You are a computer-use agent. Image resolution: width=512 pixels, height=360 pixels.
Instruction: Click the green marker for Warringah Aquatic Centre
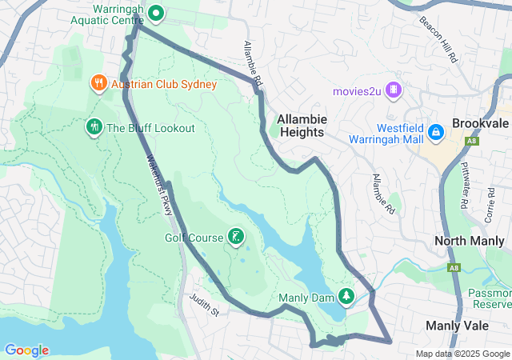(157, 13)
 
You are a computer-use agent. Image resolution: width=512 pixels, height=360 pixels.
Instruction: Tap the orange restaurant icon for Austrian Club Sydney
(98, 82)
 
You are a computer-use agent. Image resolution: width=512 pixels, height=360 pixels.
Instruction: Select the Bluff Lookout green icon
(94, 127)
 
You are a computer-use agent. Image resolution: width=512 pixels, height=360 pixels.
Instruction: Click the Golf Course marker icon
(235, 236)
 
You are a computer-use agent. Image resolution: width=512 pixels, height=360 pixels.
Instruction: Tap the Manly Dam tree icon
(346, 297)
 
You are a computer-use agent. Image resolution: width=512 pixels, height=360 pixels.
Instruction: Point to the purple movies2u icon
(393, 90)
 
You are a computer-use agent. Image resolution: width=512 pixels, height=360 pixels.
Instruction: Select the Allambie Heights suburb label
(300, 126)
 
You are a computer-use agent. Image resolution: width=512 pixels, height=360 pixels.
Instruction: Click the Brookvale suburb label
(480, 125)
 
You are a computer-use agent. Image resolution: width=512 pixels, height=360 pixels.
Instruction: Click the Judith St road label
(204, 304)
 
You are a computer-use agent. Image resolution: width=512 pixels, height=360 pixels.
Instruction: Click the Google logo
(26, 350)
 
